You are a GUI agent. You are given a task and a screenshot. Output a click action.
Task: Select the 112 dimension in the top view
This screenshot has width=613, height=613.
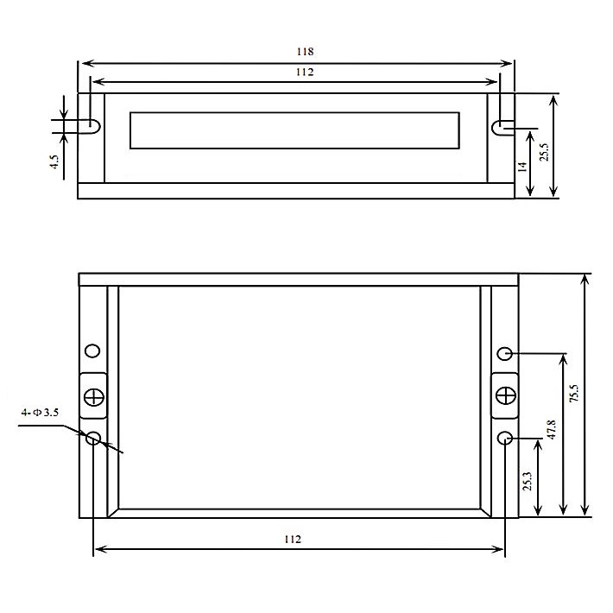click(303, 73)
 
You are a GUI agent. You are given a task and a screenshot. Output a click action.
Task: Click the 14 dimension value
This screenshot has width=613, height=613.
click(522, 167)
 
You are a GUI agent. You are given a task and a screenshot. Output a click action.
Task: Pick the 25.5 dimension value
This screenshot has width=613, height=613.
click(544, 151)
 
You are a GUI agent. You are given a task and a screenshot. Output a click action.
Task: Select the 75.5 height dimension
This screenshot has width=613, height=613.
click(574, 393)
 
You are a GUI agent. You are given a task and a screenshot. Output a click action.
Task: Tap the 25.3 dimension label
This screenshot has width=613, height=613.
click(527, 481)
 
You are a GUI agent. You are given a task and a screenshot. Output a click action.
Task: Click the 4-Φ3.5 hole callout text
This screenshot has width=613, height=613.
click(41, 414)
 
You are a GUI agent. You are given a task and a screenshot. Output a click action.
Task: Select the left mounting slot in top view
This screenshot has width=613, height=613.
click(92, 125)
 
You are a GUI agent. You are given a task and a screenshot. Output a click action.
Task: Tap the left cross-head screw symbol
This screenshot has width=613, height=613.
click(93, 397)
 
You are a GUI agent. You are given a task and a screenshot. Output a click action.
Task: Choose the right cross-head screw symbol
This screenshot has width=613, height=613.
click(505, 395)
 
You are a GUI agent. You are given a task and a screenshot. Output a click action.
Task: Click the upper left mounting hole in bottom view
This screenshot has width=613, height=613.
click(92, 351)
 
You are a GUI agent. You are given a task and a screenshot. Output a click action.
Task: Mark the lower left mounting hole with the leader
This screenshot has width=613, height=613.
click(93, 438)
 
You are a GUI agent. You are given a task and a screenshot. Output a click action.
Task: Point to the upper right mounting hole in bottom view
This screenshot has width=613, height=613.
click(506, 353)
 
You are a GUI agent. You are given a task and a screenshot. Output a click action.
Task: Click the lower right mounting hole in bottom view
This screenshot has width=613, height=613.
click(506, 439)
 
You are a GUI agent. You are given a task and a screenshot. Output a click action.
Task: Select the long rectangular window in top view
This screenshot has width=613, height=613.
click(295, 130)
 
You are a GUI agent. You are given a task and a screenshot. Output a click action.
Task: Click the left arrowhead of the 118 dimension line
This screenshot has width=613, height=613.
click(82, 62)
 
